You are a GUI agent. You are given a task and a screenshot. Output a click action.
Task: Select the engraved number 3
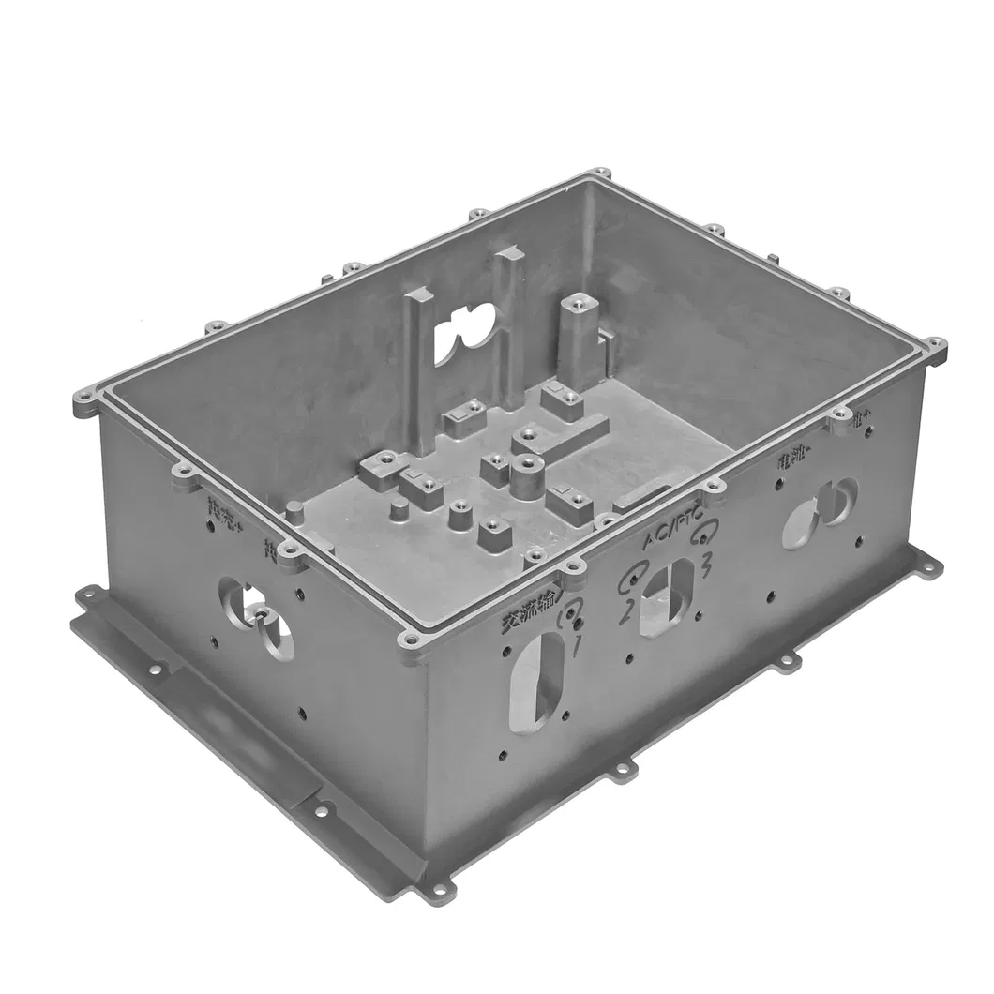pyautogui.click(x=705, y=565)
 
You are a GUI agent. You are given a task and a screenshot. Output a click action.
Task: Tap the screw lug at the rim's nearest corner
pyautogui.click(x=411, y=641)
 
